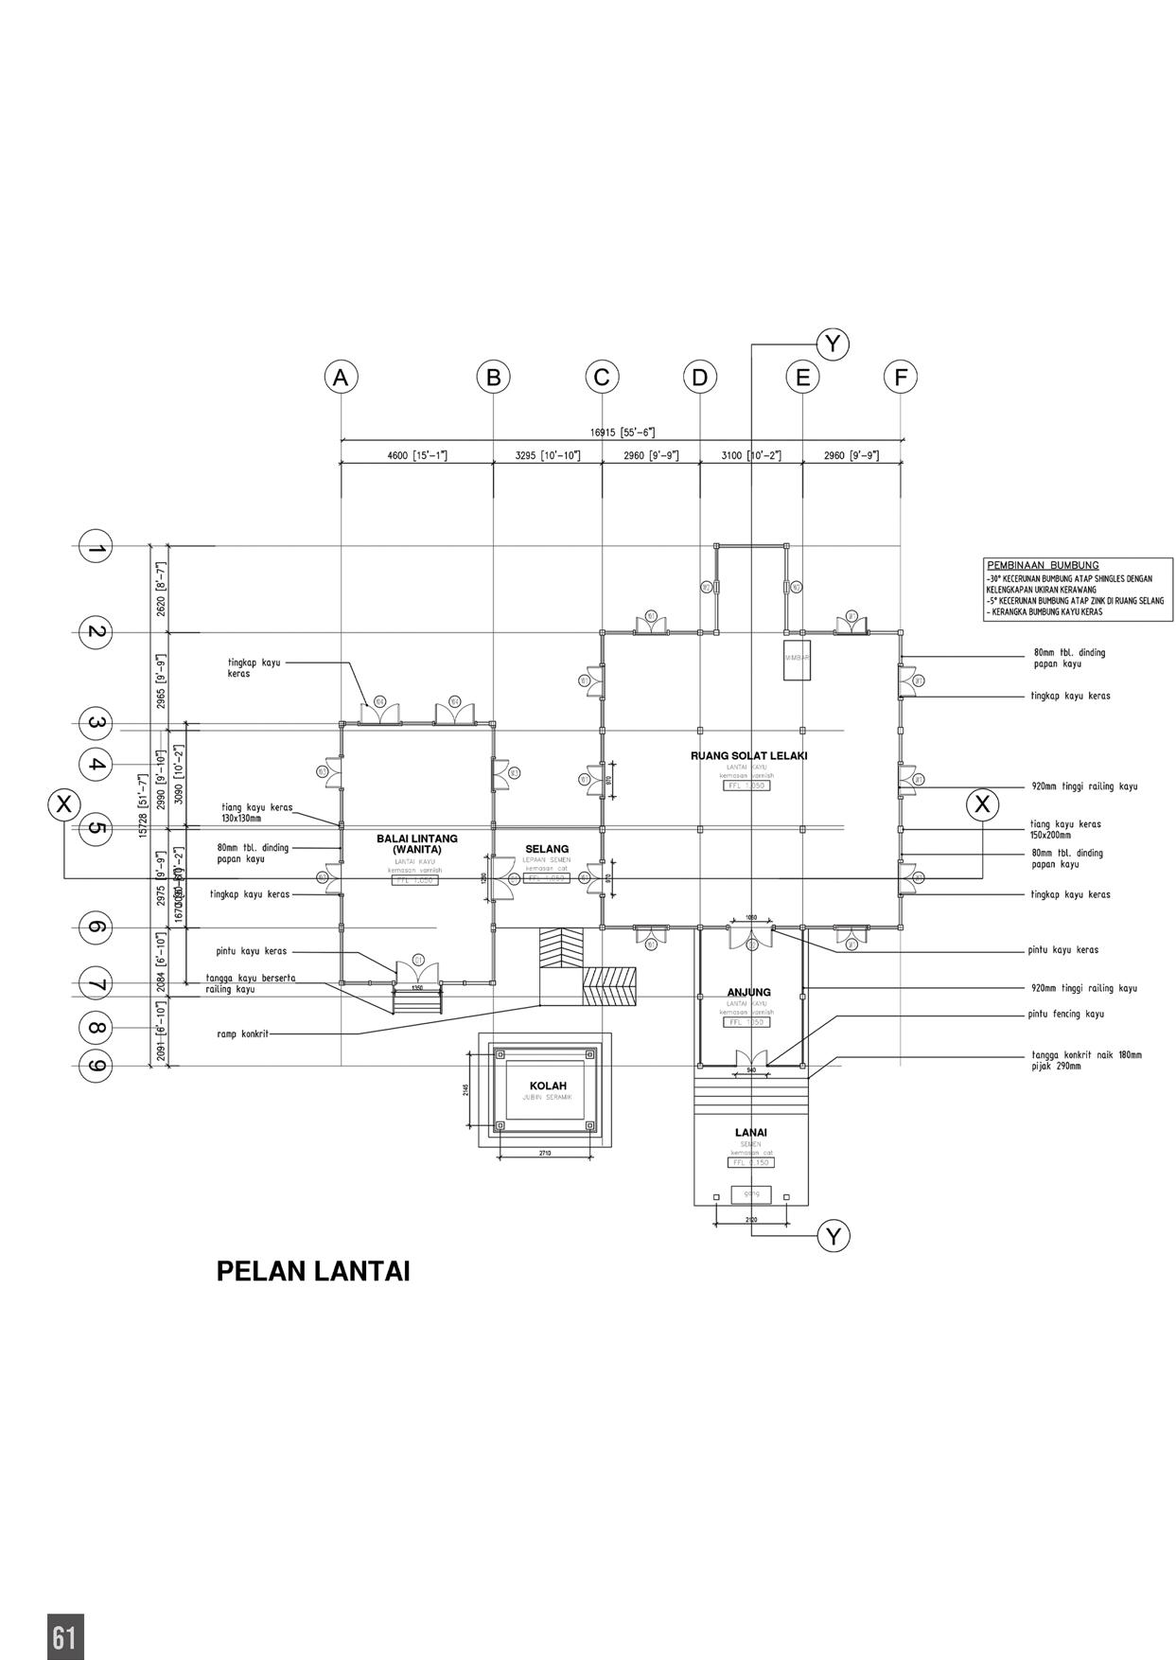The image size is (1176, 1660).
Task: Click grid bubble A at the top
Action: [341, 378]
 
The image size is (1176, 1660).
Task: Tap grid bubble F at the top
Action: [901, 378]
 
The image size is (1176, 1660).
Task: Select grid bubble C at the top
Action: [602, 378]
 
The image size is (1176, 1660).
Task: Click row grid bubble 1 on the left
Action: [96, 547]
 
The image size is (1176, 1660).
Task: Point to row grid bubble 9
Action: [96, 1066]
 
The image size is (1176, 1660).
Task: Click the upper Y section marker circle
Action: [833, 344]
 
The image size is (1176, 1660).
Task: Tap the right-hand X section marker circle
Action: [982, 804]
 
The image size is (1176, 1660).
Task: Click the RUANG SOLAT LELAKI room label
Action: [748, 756]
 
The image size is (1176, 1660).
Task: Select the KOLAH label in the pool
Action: [548, 1086]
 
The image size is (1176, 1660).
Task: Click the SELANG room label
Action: [547, 849]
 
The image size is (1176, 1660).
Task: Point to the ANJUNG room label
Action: [749, 992]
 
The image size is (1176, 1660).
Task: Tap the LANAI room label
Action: [751, 1132]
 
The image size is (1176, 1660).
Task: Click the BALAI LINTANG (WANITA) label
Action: [417, 843]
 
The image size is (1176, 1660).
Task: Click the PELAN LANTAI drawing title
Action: [313, 1271]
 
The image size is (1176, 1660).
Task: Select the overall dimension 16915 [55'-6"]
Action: [623, 433]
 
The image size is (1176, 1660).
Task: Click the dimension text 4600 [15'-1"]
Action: [417, 456]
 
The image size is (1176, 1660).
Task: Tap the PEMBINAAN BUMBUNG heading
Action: [1043, 565]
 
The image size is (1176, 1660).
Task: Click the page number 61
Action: [64, 1636]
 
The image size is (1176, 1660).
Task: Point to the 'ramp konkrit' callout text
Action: [242, 1034]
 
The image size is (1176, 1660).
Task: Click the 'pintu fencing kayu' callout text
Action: [1066, 1014]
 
